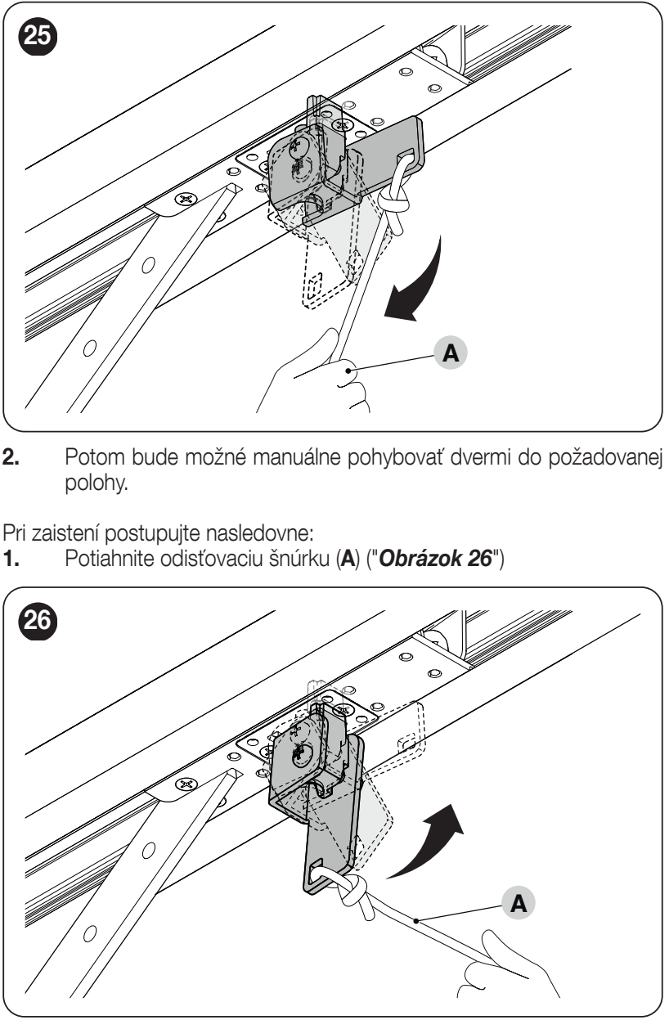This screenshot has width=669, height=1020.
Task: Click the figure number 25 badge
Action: [x=38, y=35]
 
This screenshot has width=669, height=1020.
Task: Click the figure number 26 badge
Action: [x=38, y=620]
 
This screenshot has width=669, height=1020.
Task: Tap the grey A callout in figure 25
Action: [x=451, y=353]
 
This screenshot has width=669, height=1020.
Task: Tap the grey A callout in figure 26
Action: [x=519, y=902]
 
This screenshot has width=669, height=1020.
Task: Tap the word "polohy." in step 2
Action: [x=97, y=483]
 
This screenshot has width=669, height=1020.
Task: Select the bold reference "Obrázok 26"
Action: [x=435, y=559]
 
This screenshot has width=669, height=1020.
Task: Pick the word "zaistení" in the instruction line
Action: [x=65, y=533]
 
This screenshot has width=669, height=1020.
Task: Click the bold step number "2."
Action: [x=11, y=457]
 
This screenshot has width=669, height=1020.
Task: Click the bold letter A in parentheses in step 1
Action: [x=348, y=559]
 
